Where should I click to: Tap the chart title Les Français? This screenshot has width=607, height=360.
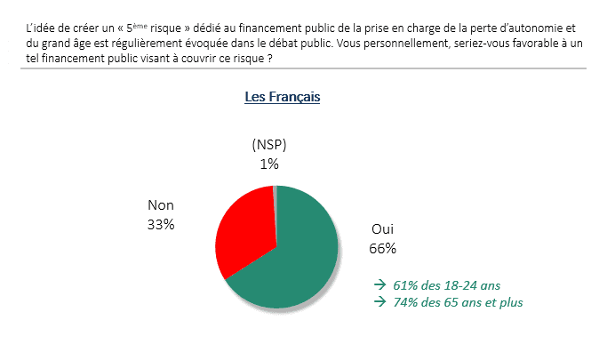pyautogui.click(x=282, y=97)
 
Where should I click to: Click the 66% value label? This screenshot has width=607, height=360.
pyautogui.click(x=382, y=248)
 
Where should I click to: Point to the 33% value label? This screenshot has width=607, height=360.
pyautogui.click(x=161, y=224)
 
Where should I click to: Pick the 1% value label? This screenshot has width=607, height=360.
pyautogui.click(x=269, y=164)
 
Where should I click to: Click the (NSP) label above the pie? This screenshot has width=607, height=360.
pyautogui.click(x=269, y=145)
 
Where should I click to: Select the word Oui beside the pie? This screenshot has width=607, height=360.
pyautogui.click(x=382, y=229)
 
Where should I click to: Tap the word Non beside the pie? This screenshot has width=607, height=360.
pyautogui.click(x=161, y=205)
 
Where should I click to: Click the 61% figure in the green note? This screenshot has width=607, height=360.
pyautogui.click(x=405, y=286)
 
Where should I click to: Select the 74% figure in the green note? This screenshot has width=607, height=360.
pyautogui.click(x=405, y=302)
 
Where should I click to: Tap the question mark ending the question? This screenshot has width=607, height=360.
pyautogui.click(x=268, y=59)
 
